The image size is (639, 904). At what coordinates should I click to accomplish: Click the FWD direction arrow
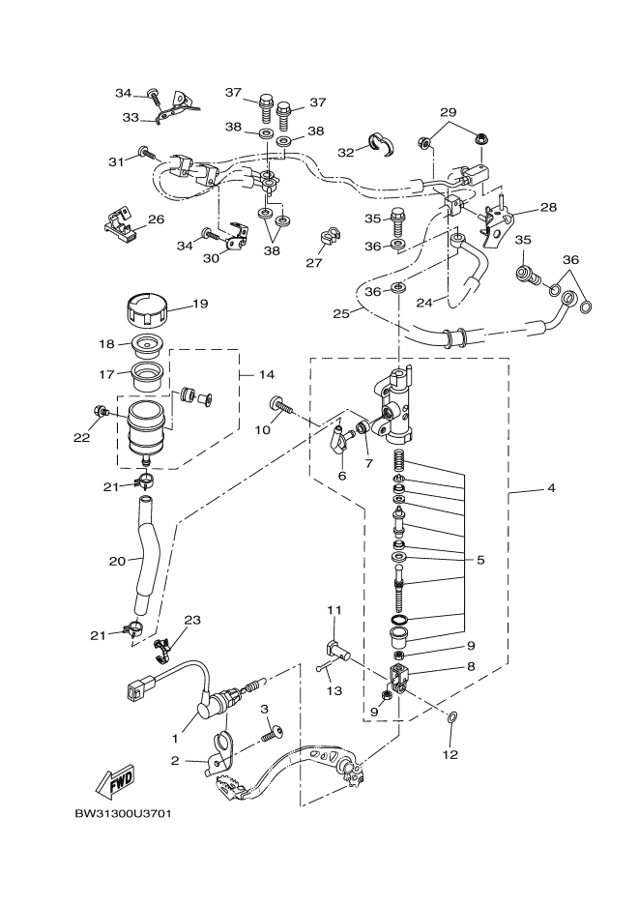coord(115,782)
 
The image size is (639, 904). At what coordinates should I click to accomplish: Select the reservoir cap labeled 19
coord(147,310)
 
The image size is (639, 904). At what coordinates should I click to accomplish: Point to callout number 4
coord(551,487)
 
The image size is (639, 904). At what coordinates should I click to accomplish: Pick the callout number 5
coord(480,560)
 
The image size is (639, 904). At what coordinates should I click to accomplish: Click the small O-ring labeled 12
coord(451,717)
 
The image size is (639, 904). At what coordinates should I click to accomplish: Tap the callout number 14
coord(266,375)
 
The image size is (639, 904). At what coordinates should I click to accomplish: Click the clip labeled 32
coord(381,143)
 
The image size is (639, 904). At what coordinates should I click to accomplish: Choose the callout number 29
coord(449,112)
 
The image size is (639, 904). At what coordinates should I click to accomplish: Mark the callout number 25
coord(340,313)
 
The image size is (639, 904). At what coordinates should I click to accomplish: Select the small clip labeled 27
coord(329,237)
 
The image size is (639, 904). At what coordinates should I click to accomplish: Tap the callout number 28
coord(548,206)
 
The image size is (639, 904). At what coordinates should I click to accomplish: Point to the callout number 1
coord(175,738)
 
